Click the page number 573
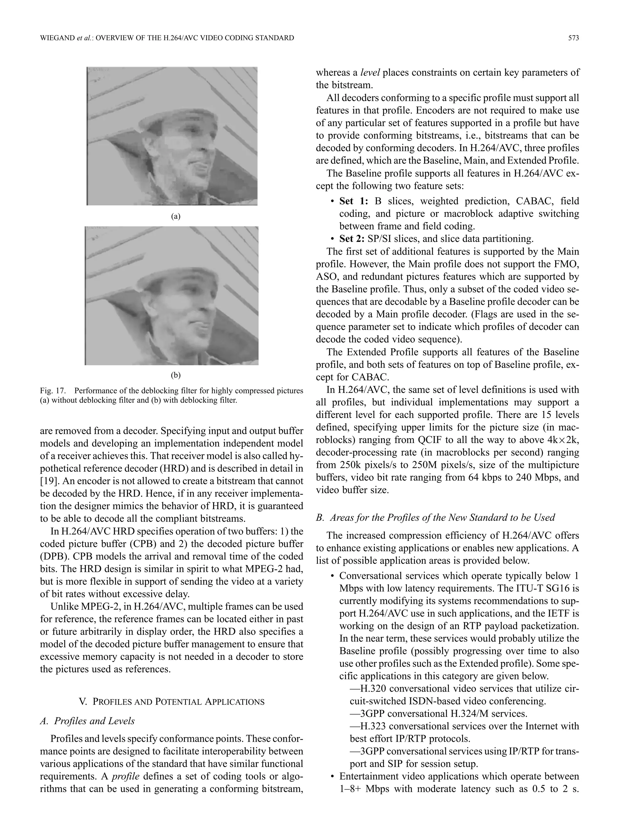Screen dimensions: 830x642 point(573,38)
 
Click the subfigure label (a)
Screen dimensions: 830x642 point(175,217)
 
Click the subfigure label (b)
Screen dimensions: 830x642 point(175,376)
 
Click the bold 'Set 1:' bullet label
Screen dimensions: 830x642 point(354,201)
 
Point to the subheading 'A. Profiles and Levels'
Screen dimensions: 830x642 point(87,721)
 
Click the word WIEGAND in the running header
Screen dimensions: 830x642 point(57,38)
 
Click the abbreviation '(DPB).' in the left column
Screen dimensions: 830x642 point(54,556)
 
